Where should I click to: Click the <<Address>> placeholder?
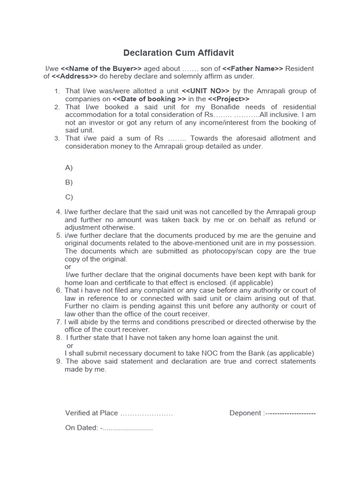(x=75, y=76)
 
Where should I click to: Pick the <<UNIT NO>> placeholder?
(x=205, y=91)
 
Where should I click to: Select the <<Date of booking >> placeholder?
(x=149, y=99)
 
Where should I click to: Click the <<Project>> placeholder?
(x=228, y=99)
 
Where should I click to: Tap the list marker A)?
(x=69, y=167)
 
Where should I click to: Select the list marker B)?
(x=69, y=182)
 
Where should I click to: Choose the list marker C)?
(x=69, y=197)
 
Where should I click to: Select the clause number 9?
(x=59, y=361)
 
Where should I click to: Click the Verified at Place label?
(x=91, y=413)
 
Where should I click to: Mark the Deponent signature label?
(x=246, y=413)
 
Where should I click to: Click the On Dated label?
(x=81, y=427)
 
